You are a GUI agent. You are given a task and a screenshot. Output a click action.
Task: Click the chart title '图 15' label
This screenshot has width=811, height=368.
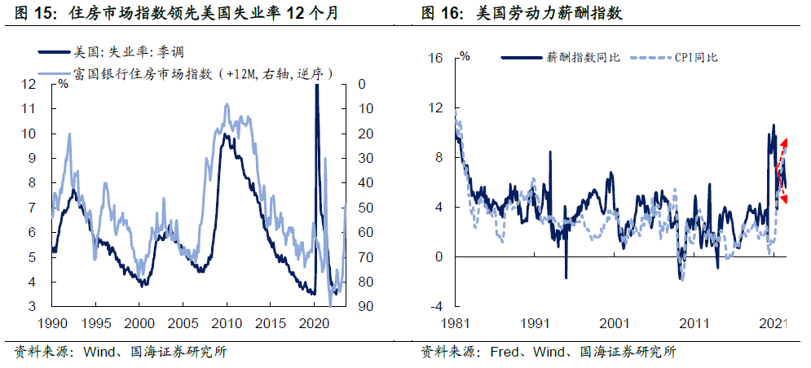33,14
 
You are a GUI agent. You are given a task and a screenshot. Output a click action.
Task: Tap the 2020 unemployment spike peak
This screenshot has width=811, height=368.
316,86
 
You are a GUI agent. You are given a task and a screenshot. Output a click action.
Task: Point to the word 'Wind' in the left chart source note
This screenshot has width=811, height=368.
96,353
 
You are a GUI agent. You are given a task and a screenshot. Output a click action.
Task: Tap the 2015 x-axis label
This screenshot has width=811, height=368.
271,322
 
